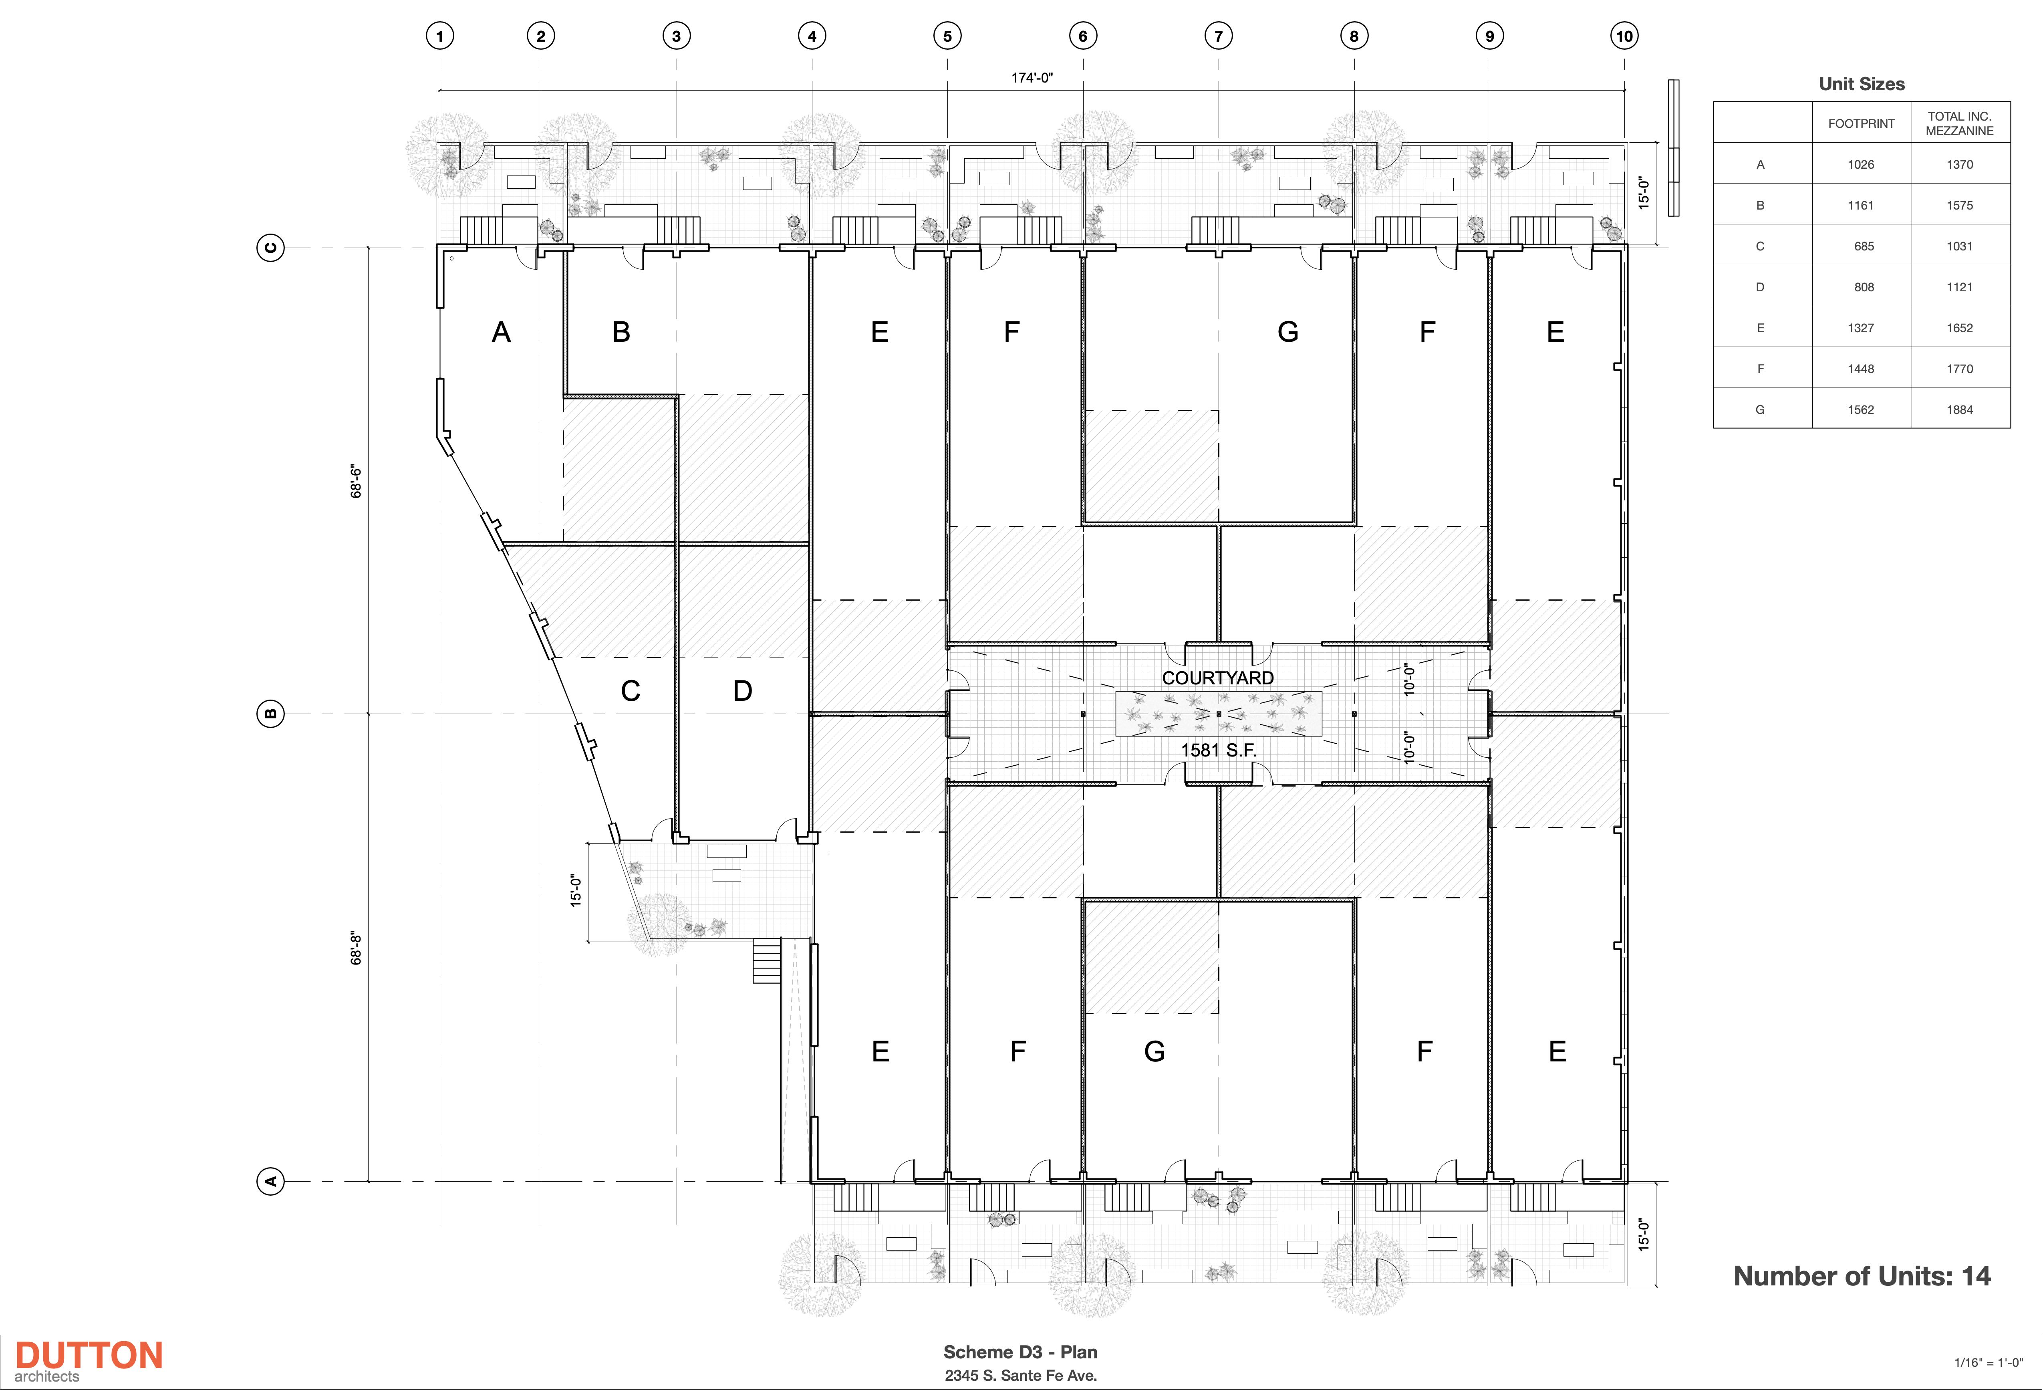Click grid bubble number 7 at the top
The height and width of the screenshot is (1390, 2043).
(x=1219, y=36)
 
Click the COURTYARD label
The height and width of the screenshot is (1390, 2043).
(x=1217, y=678)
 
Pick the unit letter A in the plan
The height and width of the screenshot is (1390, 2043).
(x=501, y=332)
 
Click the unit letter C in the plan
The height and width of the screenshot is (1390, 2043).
(x=630, y=691)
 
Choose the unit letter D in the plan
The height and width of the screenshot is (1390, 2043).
(x=743, y=691)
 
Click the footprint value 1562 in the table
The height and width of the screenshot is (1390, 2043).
(x=1861, y=410)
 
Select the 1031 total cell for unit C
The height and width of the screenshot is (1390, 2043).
(x=1960, y=246)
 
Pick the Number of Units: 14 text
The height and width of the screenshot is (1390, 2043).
(x=1861, y=1276)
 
